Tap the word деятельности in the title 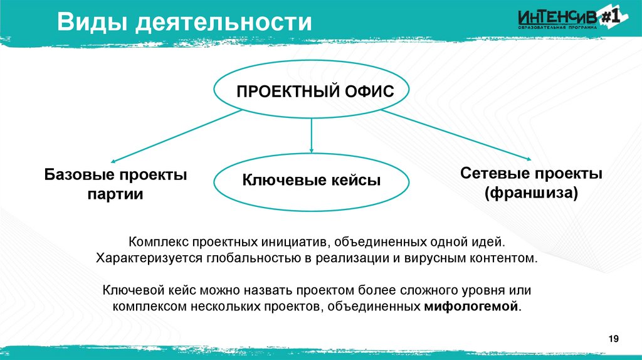225,23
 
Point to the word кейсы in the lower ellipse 357,181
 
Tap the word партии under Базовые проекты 115,194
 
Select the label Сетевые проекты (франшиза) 531,183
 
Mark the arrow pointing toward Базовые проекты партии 176,135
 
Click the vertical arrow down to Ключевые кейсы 312,135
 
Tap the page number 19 613,339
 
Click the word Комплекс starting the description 159,241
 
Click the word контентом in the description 507,258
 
